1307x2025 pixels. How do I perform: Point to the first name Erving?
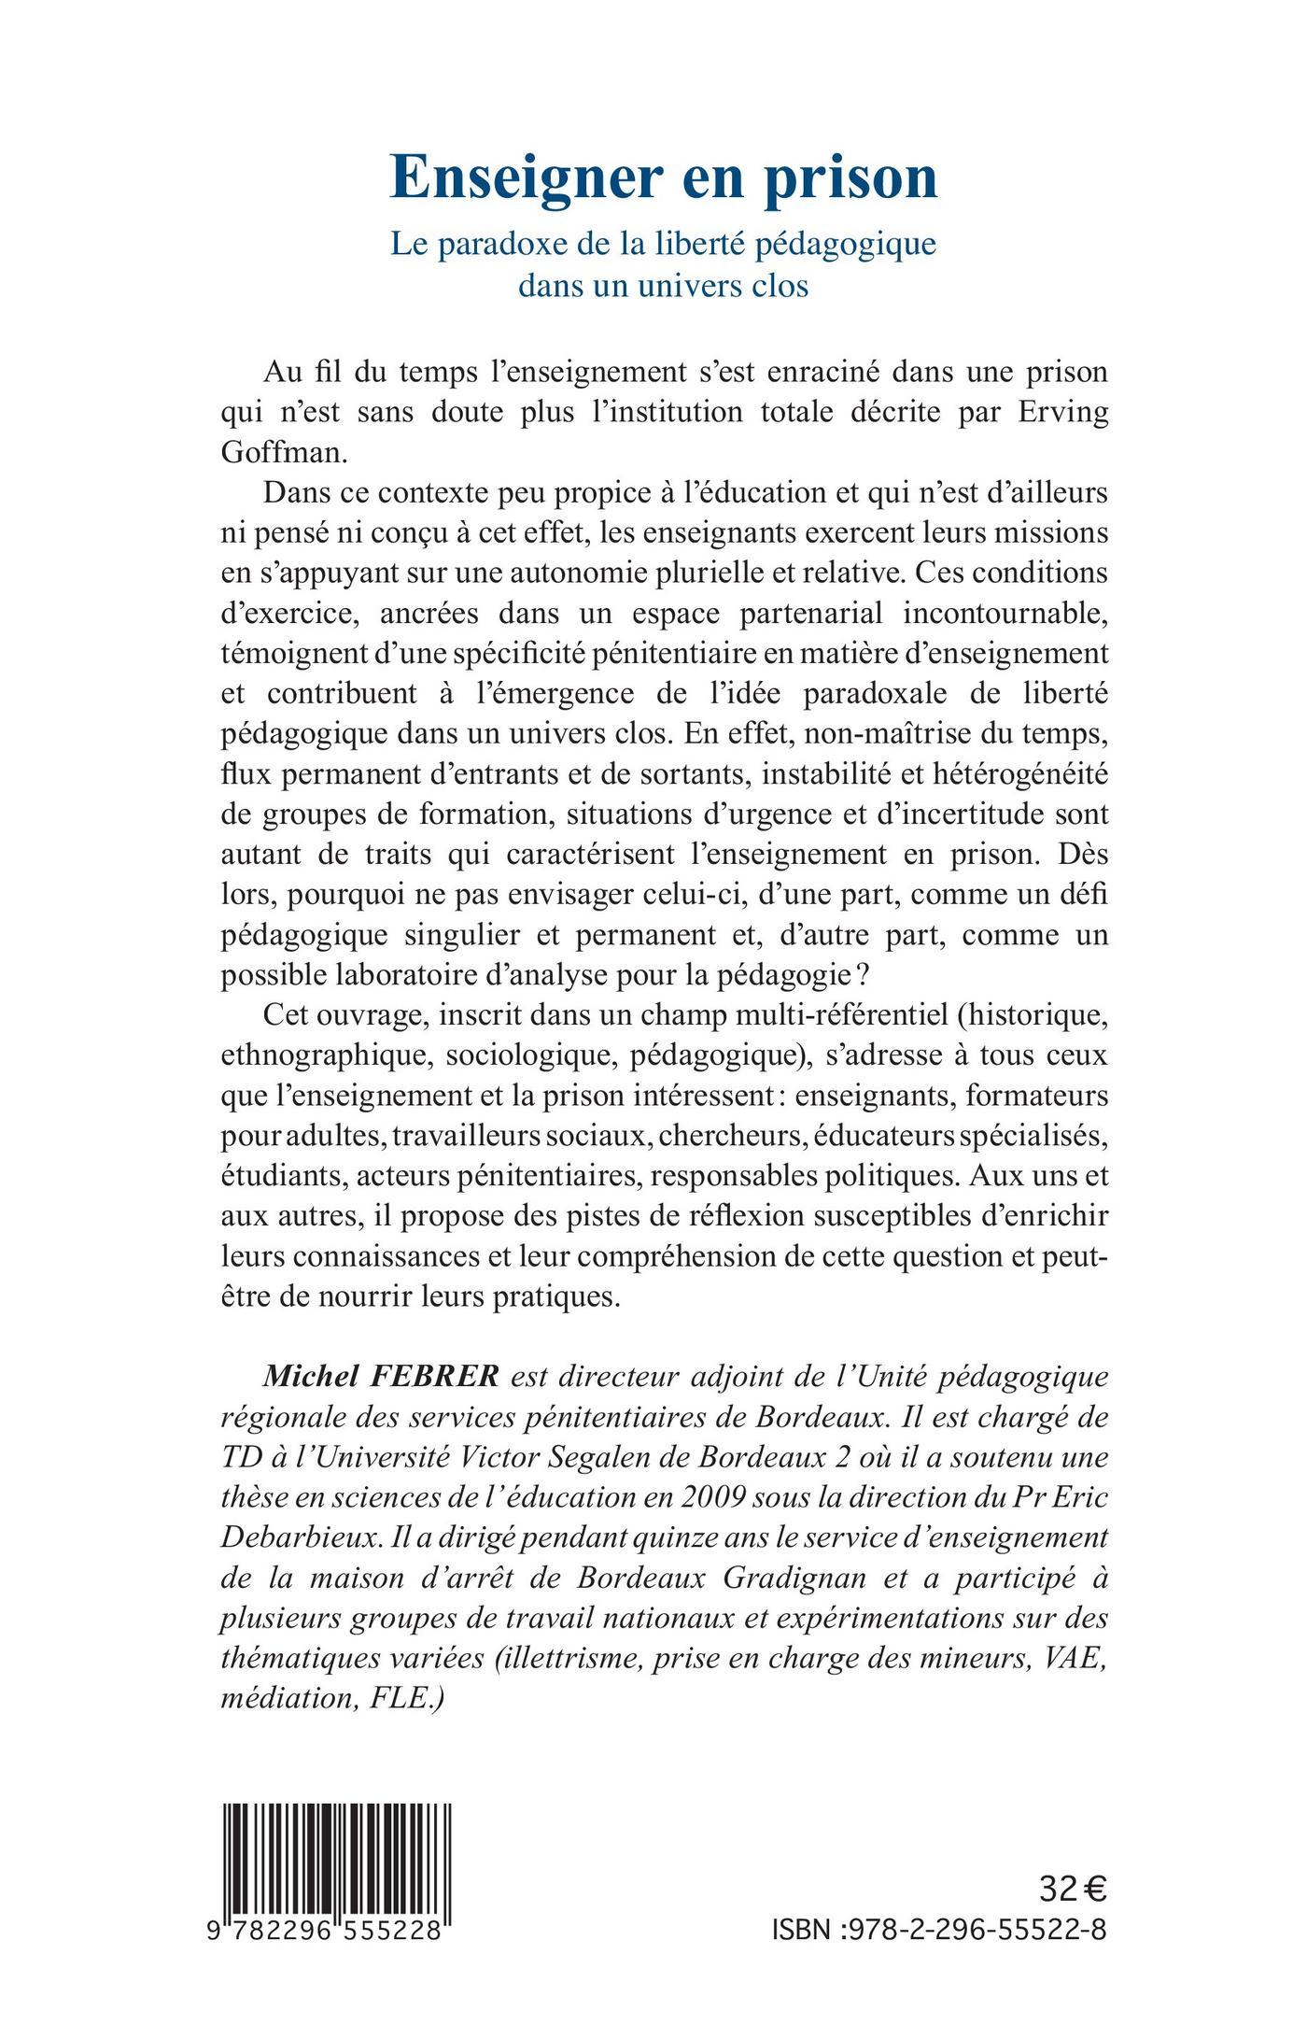1061,412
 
